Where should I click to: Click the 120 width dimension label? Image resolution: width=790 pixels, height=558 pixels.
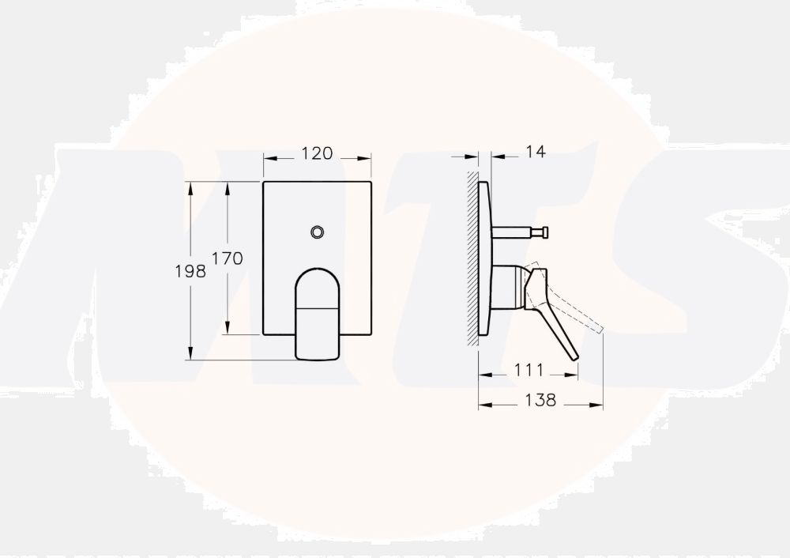(x=317, y=153)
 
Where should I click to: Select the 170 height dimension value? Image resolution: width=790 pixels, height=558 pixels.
(x=227, y=258)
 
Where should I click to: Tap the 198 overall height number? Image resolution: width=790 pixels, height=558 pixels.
(x=190, y=271)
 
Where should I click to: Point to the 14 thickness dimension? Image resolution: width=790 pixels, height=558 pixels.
(x=536, y=151)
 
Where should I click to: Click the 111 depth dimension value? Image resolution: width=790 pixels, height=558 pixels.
(x=529, y=370)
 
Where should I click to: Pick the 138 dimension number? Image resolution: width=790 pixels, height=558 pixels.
(x=540, y=400)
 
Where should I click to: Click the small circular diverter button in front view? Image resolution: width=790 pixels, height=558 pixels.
(x=317, y=232)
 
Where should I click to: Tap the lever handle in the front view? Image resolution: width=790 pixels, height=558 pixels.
(x=317, y=314)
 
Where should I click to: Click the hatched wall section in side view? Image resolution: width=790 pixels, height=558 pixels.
(x=472, y=258)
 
